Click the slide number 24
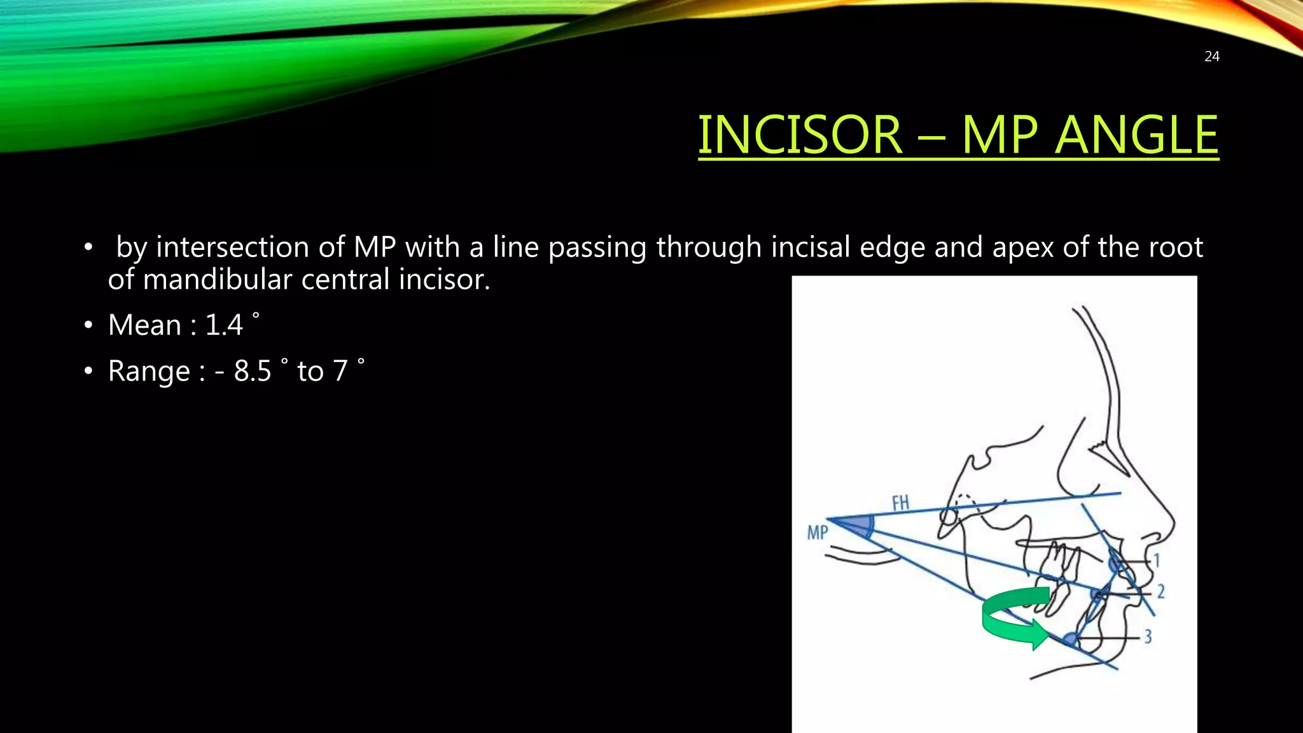pos(1211,57)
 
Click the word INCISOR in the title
pos(800,135)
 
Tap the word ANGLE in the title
pos(1136,135)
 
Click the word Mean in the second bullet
pos(145,325)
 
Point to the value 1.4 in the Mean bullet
pos(224,325)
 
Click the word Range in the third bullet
pos(149,371)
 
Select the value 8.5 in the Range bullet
pos(253,371)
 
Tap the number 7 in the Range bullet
pos(340,371)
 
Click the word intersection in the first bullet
pos(250,247)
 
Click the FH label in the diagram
pos(900,503)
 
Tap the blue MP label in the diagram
pos(818,532)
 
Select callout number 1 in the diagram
pos(1157,561)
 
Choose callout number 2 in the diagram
pos(1160,592)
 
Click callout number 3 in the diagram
pos(1148,636)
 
